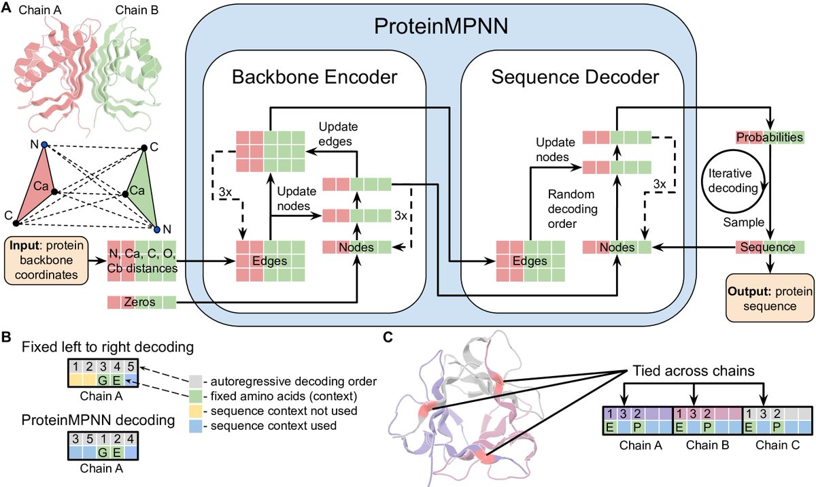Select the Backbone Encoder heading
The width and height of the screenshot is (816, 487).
[314, 78]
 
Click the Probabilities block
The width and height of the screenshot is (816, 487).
[770, 137]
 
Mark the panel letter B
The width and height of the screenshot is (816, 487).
[6, 336]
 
